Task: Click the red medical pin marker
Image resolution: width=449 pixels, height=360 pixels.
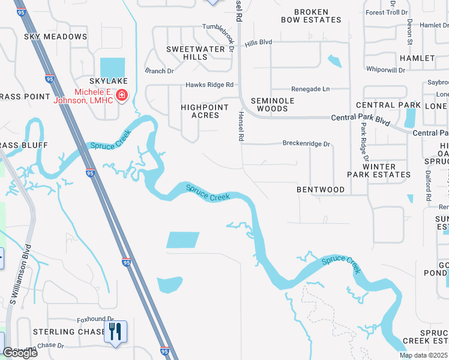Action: click(122, 95)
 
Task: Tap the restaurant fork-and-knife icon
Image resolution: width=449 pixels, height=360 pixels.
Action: click(115, 331)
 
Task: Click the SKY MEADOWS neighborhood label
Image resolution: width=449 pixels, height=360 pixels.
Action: click(56, 37)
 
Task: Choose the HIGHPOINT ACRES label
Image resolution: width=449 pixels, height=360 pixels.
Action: click(205, 111)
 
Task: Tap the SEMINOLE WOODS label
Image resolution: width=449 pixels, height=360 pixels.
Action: click(273, 104)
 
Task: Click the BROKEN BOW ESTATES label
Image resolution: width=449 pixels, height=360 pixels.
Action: click(311, 16)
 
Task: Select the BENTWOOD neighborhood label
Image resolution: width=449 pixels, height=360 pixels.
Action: click(321, 190)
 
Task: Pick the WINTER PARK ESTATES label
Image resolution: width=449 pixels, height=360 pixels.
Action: click(379, 170)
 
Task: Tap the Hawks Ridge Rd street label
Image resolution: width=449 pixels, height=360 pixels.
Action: click(209, 85)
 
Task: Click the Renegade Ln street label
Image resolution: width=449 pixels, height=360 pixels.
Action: click(310, 89)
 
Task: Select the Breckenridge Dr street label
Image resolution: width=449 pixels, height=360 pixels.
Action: click(306, 144)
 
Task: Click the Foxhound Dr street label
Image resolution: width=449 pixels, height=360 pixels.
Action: click(95, 320)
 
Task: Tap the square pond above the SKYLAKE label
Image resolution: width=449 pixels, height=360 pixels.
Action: click(112, 68)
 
